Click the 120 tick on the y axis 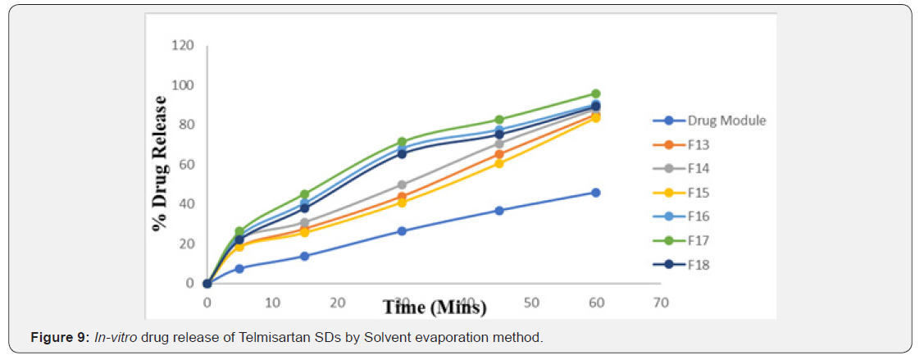[184, 45]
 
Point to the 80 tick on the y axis [187, 125]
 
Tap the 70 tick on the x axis [661, 303]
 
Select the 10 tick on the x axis [272, 303]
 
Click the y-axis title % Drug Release [160, 163]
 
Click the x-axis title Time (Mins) [434, 308]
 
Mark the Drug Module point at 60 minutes [596, 193]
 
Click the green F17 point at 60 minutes [596, 93]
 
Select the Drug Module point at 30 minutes [402, 231]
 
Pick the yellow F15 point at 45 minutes [498, 163]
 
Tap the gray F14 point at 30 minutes [402, 185]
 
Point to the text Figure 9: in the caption [58, 338]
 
